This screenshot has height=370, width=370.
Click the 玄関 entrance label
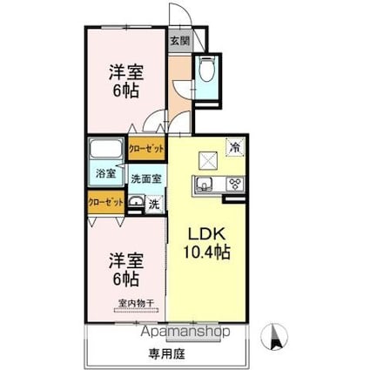coord(179,40)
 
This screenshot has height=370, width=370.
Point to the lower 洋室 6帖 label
coord(124,269)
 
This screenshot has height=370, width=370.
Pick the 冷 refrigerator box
coord(235,147)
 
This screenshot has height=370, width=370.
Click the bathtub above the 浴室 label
coord(107,151)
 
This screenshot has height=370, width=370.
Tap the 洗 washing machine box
coord(153,205)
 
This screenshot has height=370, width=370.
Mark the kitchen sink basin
coord(206,184)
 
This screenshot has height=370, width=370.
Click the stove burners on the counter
coord(233,184)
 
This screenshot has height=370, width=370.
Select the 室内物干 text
coord(138,303)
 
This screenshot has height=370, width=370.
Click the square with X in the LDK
coord(207,159)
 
